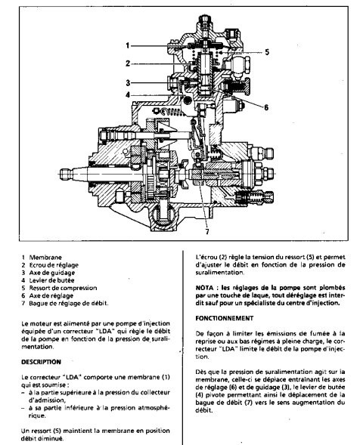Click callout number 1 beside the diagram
click(x=128, y=45)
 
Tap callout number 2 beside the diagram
click(x=128, y=63)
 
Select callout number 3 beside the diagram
click(x=128, y=83)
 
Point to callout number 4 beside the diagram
click(x=128, y=94)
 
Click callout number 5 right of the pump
click(x=267, y=52)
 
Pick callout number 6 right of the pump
click(x=266, y=107)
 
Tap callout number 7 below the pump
click(x=207, y=232)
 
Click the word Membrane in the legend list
click(x=45, y=258)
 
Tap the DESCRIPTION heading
click(x=41, y=362)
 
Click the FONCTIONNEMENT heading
click(x=224, y=318)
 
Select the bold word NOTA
click(x=204, y=288)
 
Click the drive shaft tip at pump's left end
click(x=66, y=174)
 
